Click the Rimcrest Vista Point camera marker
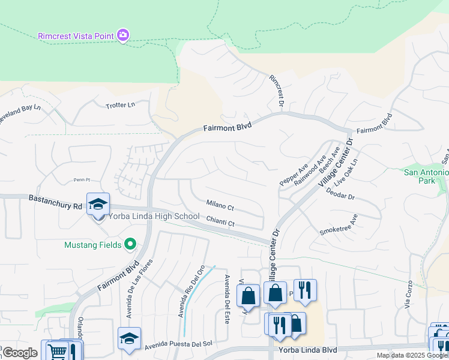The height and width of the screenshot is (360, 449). click(x=123, y=36)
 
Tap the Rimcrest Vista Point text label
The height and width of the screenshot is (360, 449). click(x=76, y=36)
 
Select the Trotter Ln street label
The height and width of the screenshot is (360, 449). click(x=121, y=105)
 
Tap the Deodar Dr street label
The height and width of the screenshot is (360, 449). click(x=340, y=196)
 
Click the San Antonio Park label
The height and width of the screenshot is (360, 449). click(x=426, y=176)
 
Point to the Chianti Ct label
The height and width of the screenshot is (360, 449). click(x=220, y=223)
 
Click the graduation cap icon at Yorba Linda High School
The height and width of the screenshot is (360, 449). click(x=98, y=204)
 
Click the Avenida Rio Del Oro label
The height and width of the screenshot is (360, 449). click(x=188, y=296)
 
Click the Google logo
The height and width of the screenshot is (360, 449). click(x=20, y=353)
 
